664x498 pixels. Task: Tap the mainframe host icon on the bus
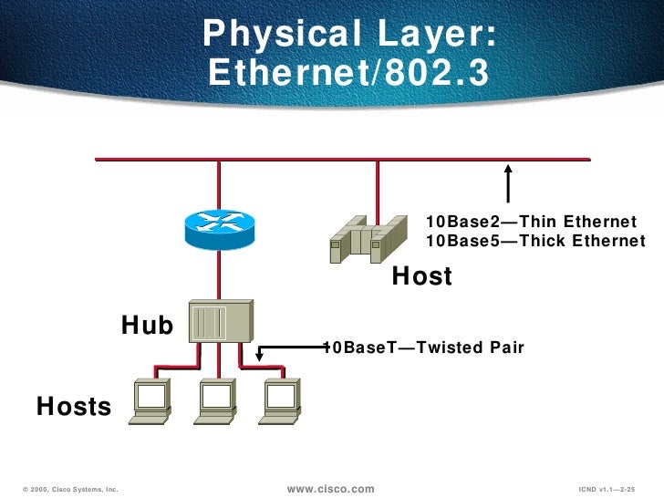point(368,239)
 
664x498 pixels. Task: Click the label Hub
point(147,325)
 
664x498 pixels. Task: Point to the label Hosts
point(73,406)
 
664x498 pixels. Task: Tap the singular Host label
point(421,276)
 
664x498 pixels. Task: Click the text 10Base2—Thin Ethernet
point(531,222)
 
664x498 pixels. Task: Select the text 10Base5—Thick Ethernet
point(535,241)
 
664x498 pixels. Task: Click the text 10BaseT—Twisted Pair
point(424,348)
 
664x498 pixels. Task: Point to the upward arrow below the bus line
point(509,183)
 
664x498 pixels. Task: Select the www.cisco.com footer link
point(330,489)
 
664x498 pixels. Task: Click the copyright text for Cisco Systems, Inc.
point(68,490)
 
